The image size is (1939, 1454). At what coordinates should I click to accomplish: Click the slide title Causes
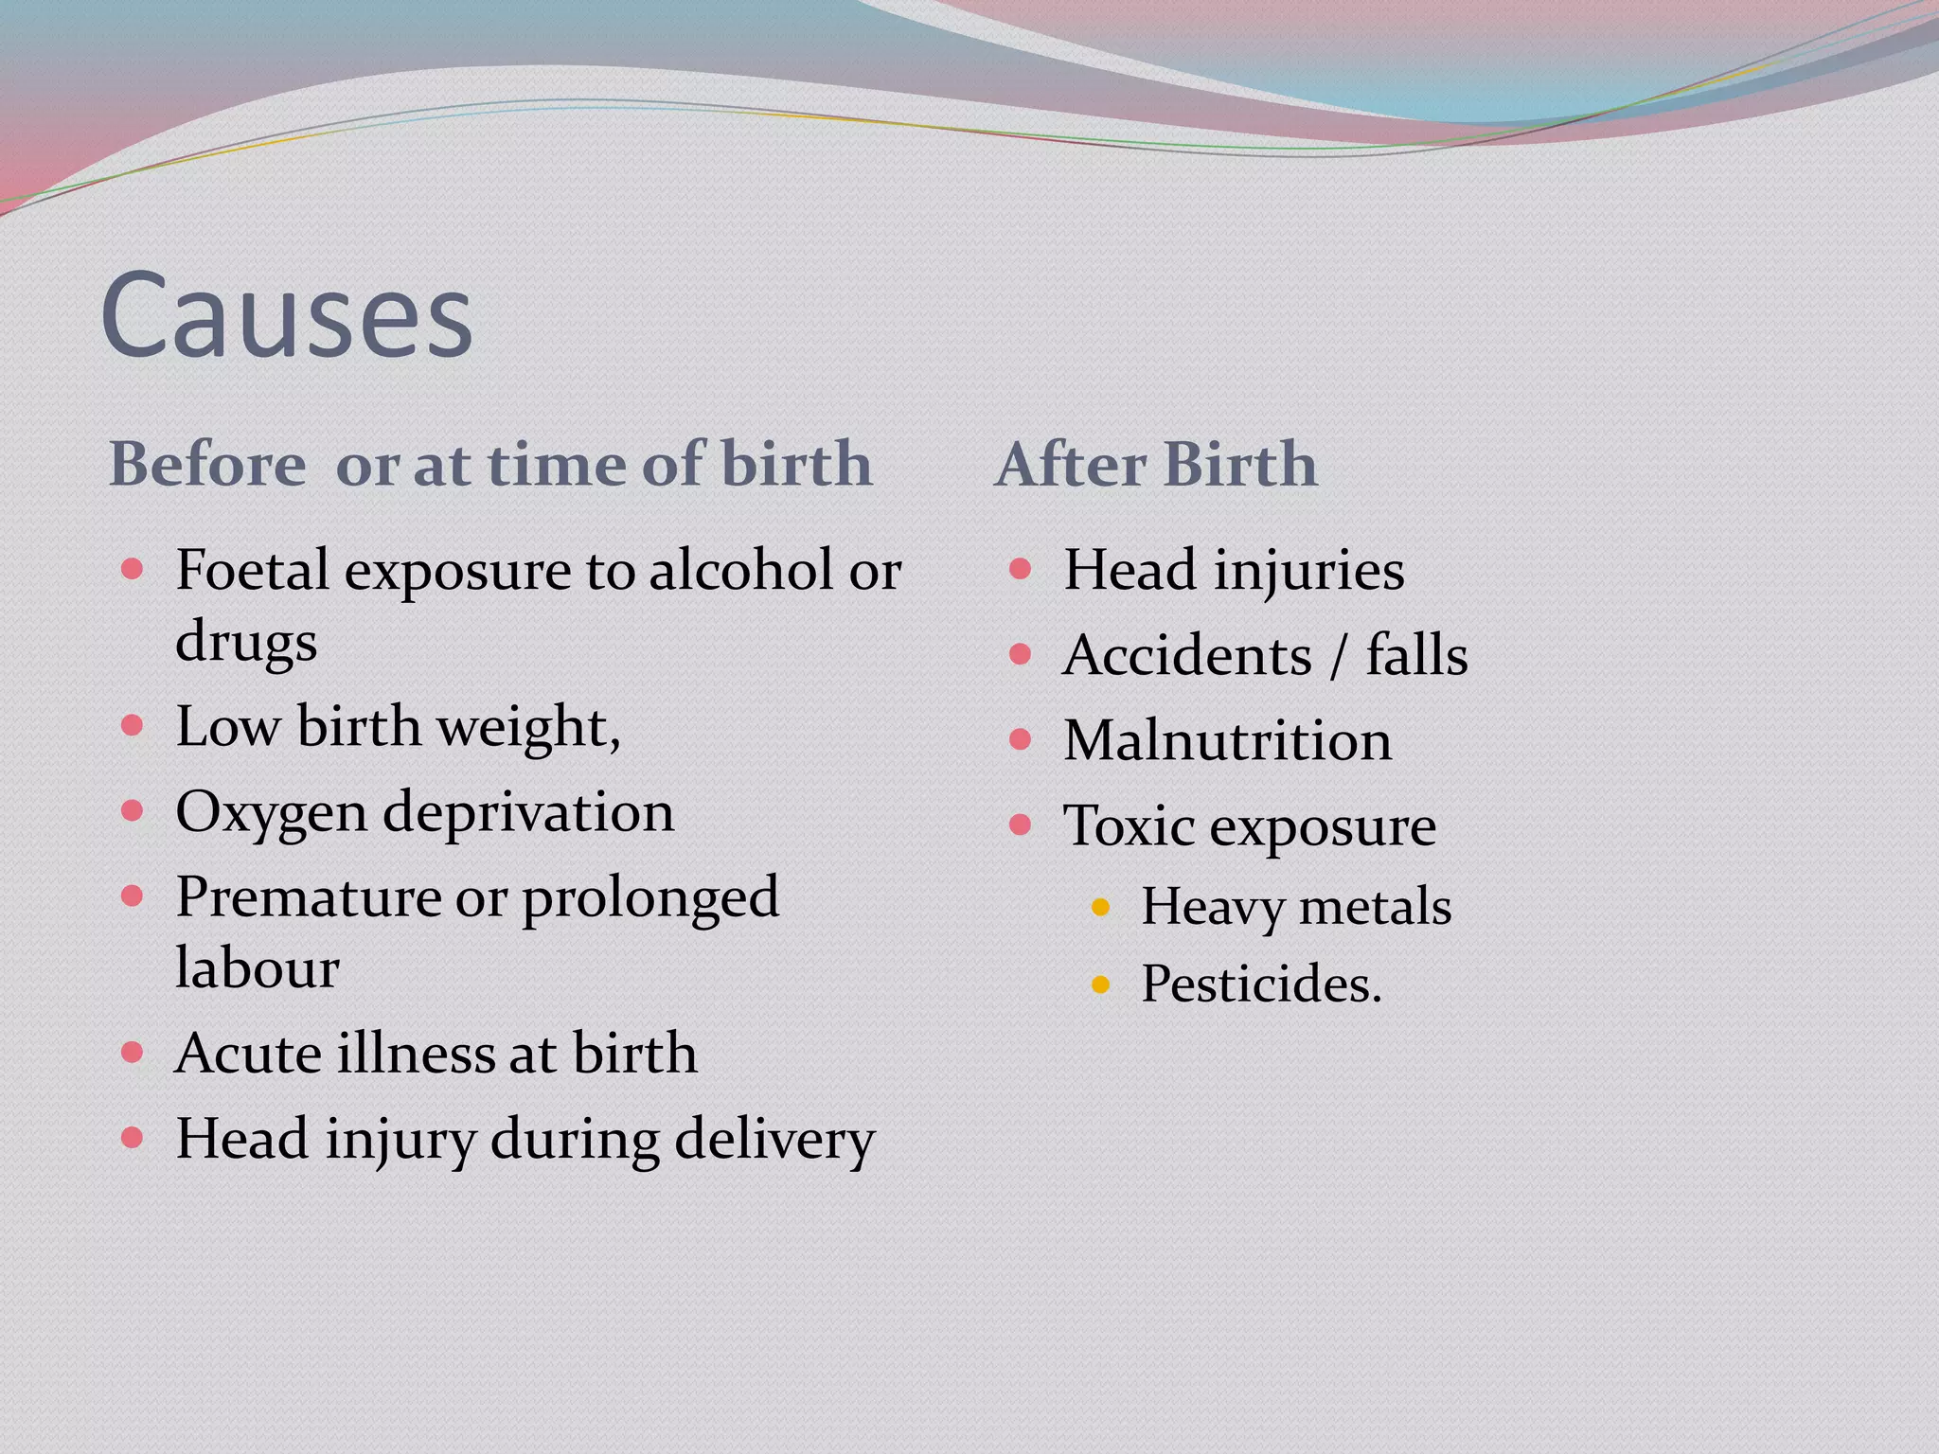point(286,314)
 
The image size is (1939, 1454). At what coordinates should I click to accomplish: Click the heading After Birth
point(1156,465)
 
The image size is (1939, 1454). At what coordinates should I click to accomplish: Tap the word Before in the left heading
point(207,465)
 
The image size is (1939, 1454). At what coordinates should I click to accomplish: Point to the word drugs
point(246,643)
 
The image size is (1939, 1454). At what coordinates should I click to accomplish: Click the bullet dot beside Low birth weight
point(133,726)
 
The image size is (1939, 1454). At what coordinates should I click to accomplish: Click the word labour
point(258,968)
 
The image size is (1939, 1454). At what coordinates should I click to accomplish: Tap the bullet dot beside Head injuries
point(1020,569)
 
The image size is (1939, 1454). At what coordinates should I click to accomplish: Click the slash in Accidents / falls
point(1338,656)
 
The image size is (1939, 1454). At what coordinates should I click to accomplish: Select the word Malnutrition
point(1227,740)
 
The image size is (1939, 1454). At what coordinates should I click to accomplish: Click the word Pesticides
point(1261,984)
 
